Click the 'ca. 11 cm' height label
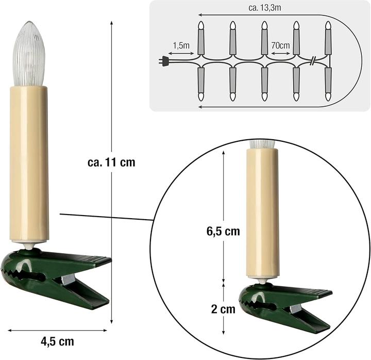coord(111,162)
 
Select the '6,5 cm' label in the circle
coord(220,231)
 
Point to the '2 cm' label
coord(223,309)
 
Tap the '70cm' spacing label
coord(280,46)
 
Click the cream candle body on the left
coord(29,162)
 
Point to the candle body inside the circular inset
coord(262,211)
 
